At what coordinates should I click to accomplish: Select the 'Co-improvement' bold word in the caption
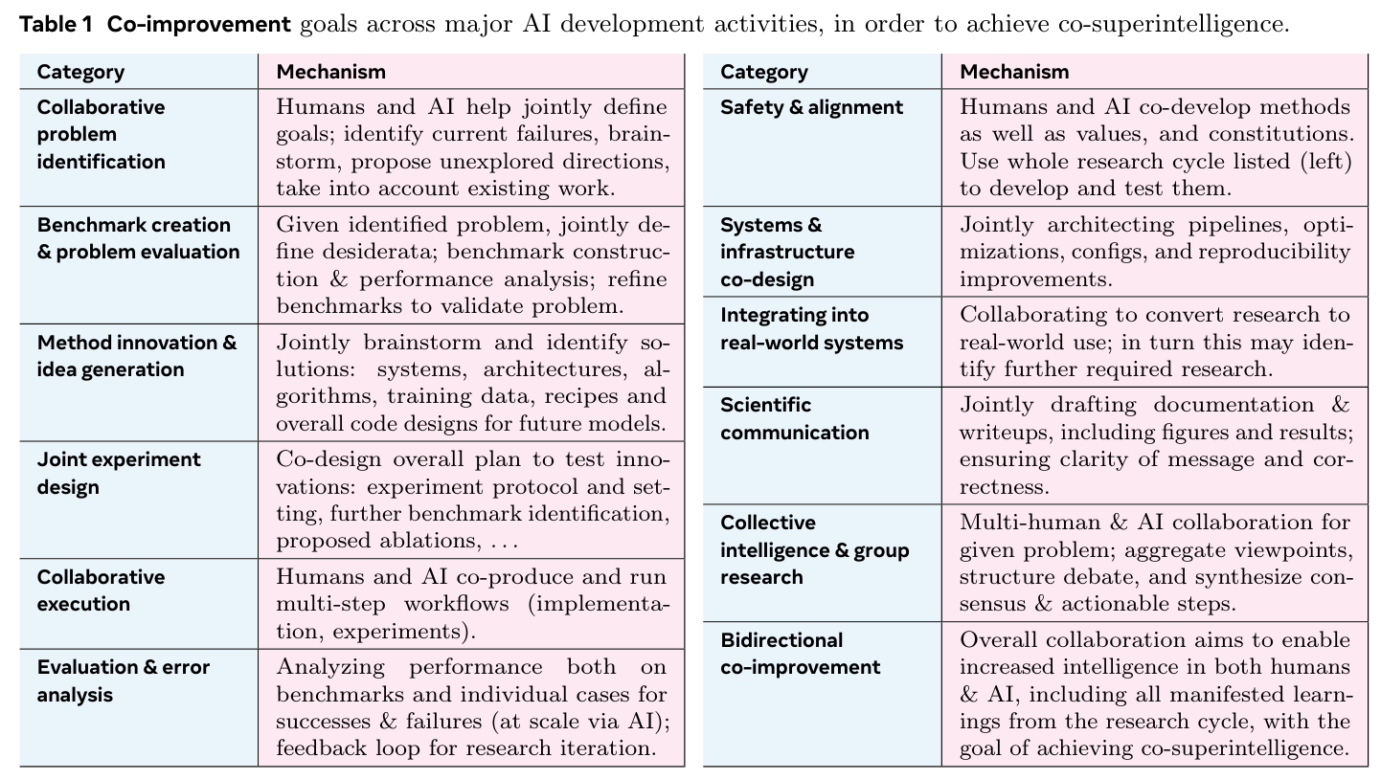tap(198, 25)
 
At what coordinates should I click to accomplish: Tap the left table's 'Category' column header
tap(80, 72)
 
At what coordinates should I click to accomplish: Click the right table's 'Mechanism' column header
tap(1014, 72)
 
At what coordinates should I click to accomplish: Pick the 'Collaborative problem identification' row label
tap(101, 134)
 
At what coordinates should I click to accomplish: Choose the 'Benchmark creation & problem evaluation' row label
tap(138, 238)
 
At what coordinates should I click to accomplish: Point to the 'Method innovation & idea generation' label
tap(136, 356)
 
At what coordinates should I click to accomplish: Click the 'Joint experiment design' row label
tap(119, 473)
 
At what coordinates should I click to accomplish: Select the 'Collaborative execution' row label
tap(101, 591)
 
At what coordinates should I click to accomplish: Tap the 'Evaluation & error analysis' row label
tap(123, 680)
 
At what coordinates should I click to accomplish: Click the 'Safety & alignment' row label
tap(811, 107)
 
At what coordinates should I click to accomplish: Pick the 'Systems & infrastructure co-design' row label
tap(787, 252)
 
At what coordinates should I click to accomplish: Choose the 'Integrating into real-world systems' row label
tap(811, 328)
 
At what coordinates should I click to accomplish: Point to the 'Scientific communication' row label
tap(794, 418)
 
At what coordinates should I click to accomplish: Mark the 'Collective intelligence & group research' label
tap(815, 549)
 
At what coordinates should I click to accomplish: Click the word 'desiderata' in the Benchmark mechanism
tap(374, 253)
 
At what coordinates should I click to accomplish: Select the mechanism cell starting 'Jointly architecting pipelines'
tap(1155, 252)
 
